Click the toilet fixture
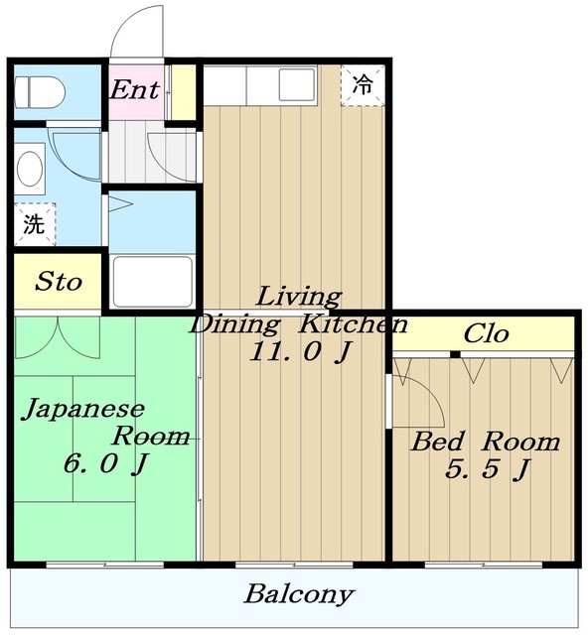40,92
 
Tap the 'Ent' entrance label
135,89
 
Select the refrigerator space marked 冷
363,85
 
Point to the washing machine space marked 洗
35,224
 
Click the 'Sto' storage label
59,282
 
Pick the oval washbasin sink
30,170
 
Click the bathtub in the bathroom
153,282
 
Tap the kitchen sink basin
297,85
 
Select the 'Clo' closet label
486,333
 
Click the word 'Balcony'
299,594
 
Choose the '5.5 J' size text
488,469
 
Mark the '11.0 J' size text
299,351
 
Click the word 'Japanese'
84,408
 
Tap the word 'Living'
299,297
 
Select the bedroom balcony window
484,565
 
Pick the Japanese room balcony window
105,565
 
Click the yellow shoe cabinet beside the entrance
184,92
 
